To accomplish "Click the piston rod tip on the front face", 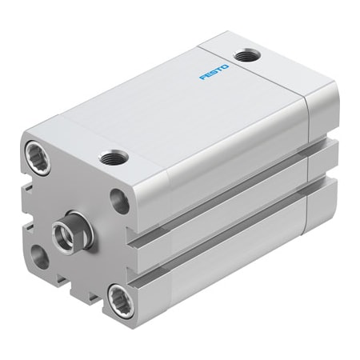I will pyautogui.click(x=62, y=233).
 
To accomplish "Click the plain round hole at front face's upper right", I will pyautogui.click(x=118, y=200).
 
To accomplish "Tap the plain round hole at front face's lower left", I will pyautogui.click(x=39, y=255).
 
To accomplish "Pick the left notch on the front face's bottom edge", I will pyautogui.click(x=60, y=282).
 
